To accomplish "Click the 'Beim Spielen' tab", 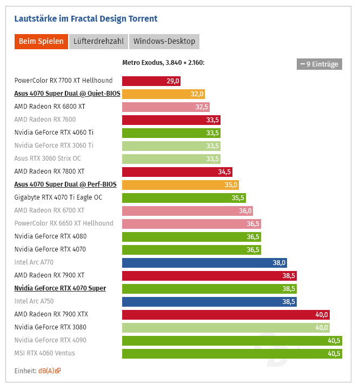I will [x=41, y=42].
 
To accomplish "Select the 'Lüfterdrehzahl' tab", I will [x=98, y=42].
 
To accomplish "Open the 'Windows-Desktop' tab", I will [x=164, y=42].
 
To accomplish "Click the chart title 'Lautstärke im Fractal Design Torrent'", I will [x=85, y=19].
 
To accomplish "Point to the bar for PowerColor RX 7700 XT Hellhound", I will [x=151, y=81].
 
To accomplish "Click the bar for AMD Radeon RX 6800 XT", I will [x=165, y=107].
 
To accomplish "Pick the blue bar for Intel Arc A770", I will [x=204, y=262].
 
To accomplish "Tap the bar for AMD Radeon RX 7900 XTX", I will [x=225, y=314].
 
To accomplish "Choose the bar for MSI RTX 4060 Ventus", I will [x=232, y=353].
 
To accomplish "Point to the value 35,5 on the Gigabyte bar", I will [x=238, y=197].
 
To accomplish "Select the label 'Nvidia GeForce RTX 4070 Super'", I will [x=60, y=288].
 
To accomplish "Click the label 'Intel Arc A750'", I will [x=34, y=301].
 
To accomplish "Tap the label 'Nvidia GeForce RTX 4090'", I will [x=50, y=340].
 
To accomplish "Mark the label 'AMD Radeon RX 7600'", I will [x=45, y=120].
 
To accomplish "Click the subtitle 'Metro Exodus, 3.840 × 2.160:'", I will [x=163, y=63].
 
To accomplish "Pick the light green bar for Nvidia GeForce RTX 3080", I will [x=225, y=327].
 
